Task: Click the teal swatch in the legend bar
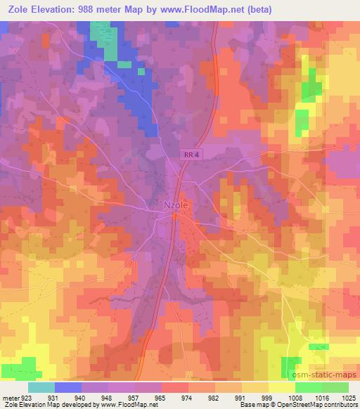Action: coord(41,387)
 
